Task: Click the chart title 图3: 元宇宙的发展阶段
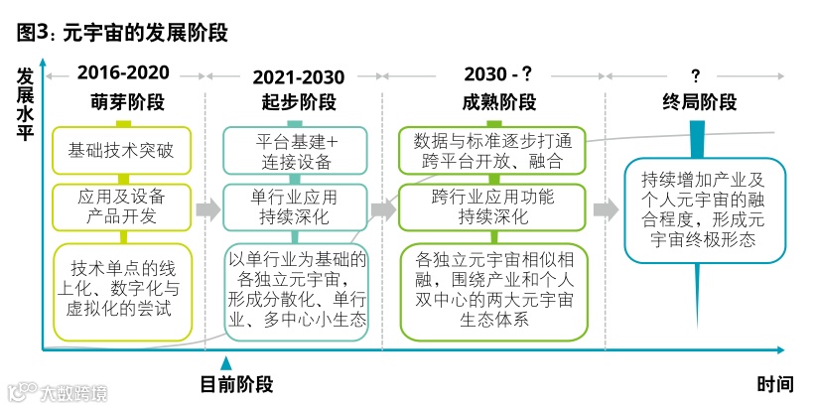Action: point(122,34)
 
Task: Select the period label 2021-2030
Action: point(299,77)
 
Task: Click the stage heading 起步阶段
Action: point(299,102)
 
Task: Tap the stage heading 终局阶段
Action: point(699,102)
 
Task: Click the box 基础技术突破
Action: point(120,152)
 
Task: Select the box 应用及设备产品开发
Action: point(119,206)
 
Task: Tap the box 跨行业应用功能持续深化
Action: point(490,206)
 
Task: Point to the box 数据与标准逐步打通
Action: point(490,151)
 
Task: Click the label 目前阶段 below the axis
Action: point(236,384)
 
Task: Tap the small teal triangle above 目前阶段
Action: point(226,363)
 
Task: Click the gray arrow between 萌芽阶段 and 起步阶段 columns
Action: point(207,209)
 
